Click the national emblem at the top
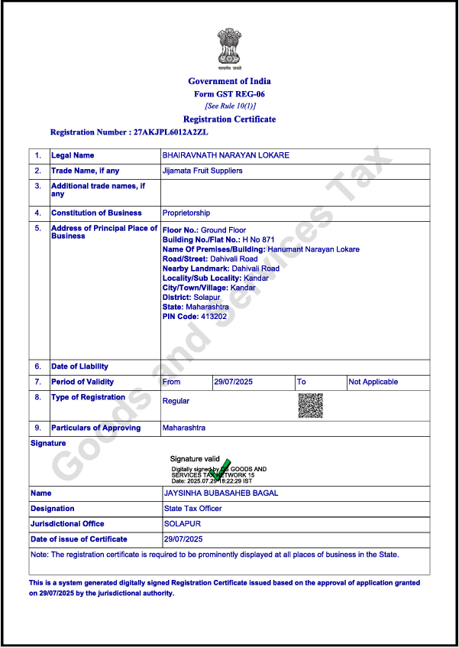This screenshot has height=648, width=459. (x=229, y=47)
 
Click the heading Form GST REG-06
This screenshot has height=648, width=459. (x=229, y=94)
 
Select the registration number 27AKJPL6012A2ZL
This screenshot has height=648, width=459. (x=170, y=132)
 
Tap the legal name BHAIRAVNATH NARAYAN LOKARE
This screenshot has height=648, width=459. (x=226, y=155)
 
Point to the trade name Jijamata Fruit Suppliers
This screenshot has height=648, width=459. (x=202, y=171)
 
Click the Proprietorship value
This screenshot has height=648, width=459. (x=186, y=213)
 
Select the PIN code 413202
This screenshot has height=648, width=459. (x=214, y=316)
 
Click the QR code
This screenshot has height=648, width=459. (x=310, y=405)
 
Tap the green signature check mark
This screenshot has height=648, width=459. (x=222, y=469)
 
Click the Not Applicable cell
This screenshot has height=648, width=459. (x=373, y=382)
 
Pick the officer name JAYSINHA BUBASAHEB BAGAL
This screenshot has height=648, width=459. (x=221, y=493)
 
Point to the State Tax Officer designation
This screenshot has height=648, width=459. (x=193, y=509)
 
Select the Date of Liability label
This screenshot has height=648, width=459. (x=80, y=366)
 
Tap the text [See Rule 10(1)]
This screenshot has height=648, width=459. (x=230, y=106)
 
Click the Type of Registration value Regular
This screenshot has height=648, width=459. (x=176, y=401)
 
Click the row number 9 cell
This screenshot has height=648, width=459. (x=38, y=428)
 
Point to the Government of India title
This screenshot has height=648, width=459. (x=229, y=81)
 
